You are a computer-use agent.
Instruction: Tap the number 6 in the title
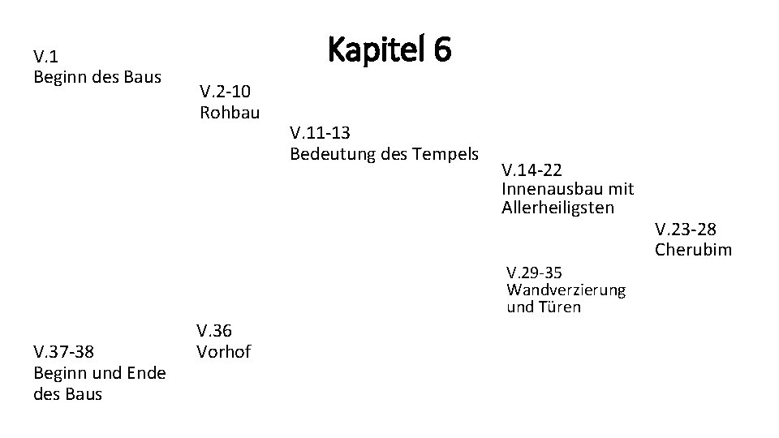tap(441, 50)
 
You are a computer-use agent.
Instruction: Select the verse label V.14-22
tap(532, 170)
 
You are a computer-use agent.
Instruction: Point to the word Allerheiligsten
tap(558, 208)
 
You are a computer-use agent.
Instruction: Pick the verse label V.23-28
tap(686, 230)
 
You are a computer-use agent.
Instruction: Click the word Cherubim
tap(693, 250)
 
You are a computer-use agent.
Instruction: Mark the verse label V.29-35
tap(534, 272)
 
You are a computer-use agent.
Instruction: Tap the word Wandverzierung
tap(566, 290)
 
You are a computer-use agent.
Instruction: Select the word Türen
tap(560, 307)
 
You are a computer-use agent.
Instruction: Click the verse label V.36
tap(213, 331)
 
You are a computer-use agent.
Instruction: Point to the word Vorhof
tap(223, 352)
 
